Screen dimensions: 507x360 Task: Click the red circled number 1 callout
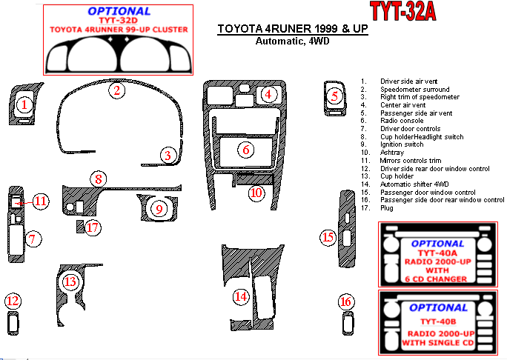24,104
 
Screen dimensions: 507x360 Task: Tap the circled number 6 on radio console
246,150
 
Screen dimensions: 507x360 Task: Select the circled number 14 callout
241,296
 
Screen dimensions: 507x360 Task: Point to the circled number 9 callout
159,209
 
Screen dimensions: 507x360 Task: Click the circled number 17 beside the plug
93,227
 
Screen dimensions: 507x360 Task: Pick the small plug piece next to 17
80,227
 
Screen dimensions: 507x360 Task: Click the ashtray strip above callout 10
255,179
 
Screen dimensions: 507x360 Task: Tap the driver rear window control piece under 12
13,324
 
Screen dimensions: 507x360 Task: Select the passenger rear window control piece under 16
348,324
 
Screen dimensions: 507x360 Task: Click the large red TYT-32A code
403,11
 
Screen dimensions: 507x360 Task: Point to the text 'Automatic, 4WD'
292,41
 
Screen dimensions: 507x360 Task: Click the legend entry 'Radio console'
402,121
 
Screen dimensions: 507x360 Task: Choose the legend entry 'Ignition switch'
402,144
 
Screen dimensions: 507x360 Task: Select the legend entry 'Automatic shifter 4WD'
414,184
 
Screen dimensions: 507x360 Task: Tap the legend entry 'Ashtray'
392,153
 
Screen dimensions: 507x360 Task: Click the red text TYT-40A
437,253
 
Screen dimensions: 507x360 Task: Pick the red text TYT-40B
438,321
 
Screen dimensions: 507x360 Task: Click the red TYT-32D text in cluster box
119,20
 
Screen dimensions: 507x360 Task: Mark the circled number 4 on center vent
268,94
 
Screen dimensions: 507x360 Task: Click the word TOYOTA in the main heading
240,29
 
